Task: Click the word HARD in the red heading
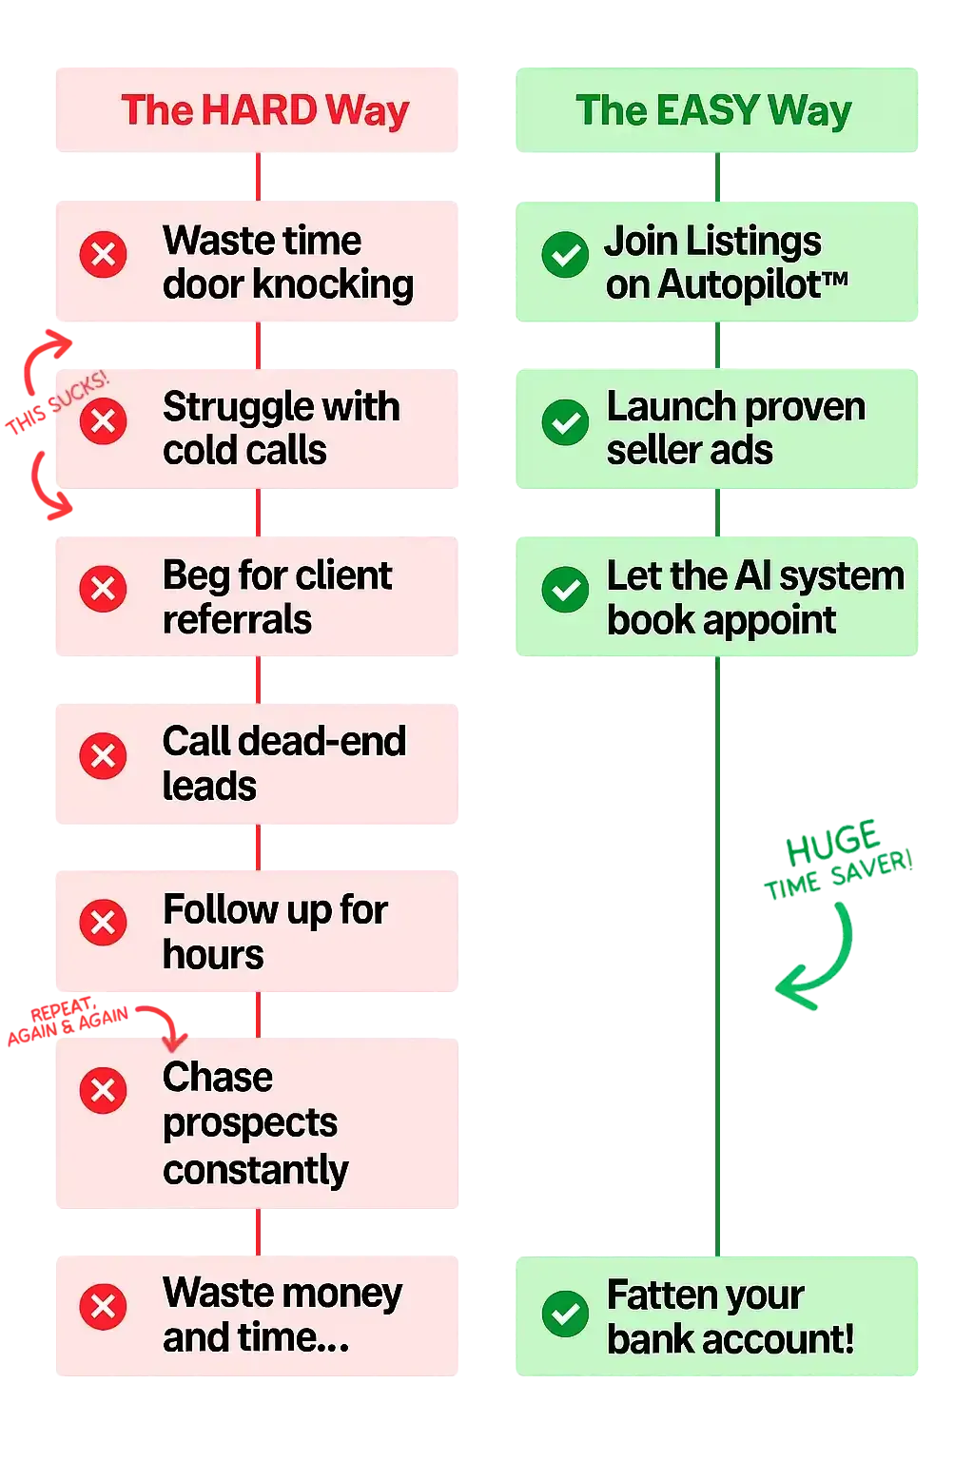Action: [259, 110]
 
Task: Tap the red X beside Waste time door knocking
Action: [104, 255]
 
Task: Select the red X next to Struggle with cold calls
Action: [104, 421]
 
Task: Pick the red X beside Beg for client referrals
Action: [104, 589]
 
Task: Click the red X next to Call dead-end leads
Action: [104, 756]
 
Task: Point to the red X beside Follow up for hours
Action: [104, 923]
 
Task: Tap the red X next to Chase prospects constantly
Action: [104, 1090]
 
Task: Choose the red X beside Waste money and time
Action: [104, 1307]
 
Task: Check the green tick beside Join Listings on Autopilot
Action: [565, 255]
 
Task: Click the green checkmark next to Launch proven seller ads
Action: [565, 421]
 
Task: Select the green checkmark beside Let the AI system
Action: [565, 590]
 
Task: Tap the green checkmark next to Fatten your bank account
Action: [565, 1314]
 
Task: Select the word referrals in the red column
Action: [237, 620]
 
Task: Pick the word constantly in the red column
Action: [255, 1170]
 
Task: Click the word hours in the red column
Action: [213, 955]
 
